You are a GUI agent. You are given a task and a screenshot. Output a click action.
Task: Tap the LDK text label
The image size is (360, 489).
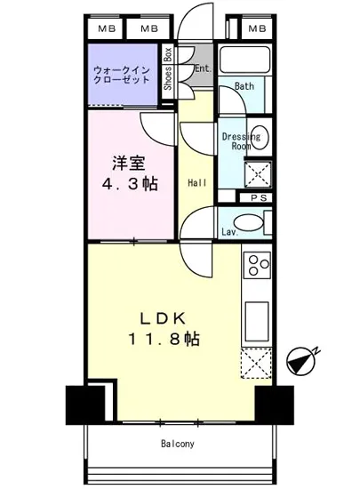click(x=166, y=317)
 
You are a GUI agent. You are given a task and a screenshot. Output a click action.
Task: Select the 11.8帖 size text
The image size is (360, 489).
click(x=166, y=339)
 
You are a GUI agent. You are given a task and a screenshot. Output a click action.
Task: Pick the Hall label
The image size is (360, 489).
click(x=197, y=183)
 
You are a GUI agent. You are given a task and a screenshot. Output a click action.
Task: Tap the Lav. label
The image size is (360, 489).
click(x=228, y=233)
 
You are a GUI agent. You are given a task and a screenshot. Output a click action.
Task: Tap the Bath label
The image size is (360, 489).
click(x=244, y=86)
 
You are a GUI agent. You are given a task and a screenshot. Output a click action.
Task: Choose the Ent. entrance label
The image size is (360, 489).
click(x=202, y=68)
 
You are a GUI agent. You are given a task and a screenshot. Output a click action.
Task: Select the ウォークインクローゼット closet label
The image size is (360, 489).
click(x=122, y=73)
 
